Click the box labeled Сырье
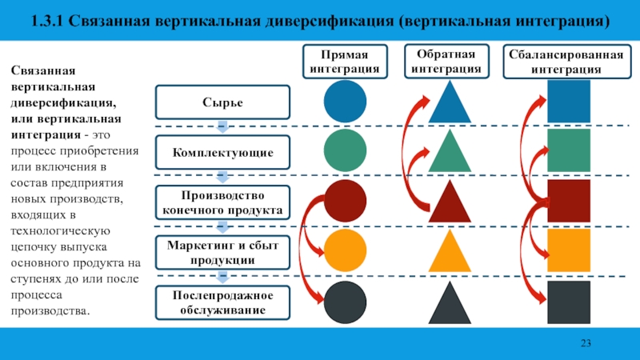coord(222,102)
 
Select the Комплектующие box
coord(222,151)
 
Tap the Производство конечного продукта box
coord(222,202)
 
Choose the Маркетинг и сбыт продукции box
coord(222,251)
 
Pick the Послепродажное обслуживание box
coord(222,302)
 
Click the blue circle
coord(345,102)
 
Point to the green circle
coord(345,150)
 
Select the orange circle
coord(345,251)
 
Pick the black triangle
coord(450,305)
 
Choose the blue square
coord(568,102)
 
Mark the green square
coord(568,150)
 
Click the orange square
coord(568,251)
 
